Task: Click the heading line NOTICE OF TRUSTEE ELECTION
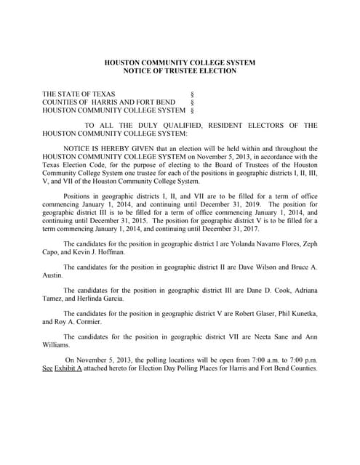[x=180, y=70]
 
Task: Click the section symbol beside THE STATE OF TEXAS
[x=191, y=95]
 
